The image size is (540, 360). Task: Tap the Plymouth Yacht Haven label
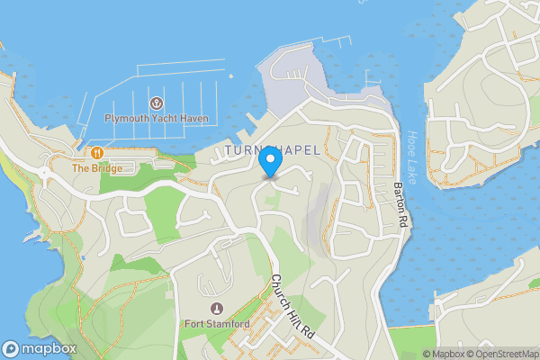157,118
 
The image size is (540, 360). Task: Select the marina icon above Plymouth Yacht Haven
157,103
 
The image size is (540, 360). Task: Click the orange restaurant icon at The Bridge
96,153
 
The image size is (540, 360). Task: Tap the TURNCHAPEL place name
273,149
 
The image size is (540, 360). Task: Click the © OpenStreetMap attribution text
499,354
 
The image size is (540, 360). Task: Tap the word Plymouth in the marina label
127,118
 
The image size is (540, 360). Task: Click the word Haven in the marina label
194,118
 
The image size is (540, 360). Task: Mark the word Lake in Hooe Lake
415,157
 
